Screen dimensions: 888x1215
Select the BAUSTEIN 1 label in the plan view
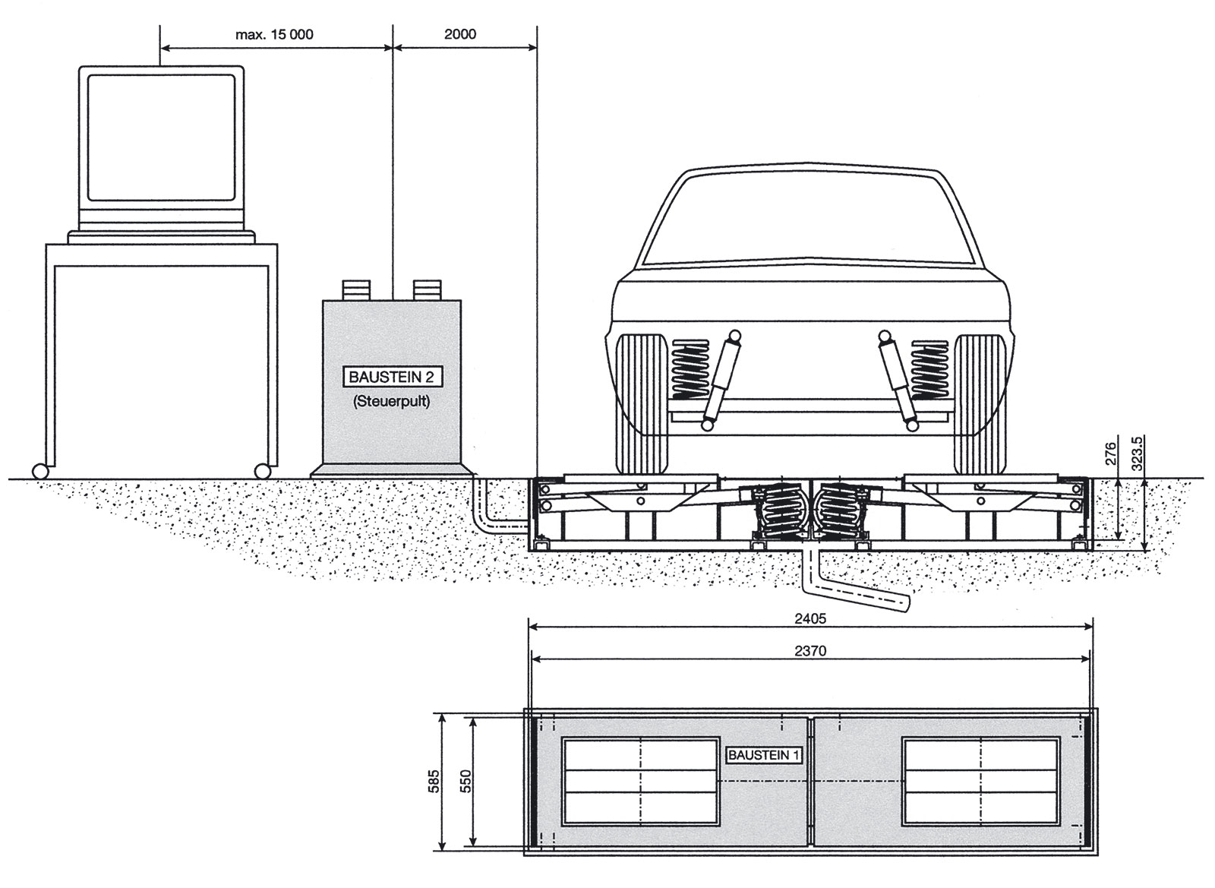[x=764, y=755]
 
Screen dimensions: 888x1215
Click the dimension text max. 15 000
[x=274, y=34]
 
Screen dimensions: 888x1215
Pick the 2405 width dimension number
[x=809, y=618]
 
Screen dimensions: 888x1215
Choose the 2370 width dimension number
[x=809, y=650]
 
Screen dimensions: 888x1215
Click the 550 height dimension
[x=466, y=781]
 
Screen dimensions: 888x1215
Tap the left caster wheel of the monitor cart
[x=39, y=471]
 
